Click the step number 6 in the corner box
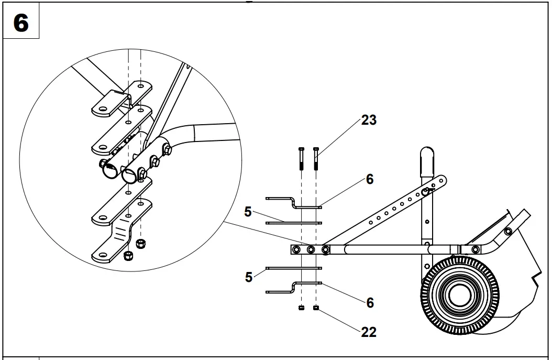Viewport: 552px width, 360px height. (x=21, y=24)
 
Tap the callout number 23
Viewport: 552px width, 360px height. (x=369, y=120)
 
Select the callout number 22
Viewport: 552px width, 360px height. (x=369, y=332)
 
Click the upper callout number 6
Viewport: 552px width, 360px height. (x=370, y=179)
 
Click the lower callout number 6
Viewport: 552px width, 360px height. (x=370, y=302)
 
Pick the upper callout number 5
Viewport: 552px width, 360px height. (x=248, y=212)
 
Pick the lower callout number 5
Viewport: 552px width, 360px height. (x=248, y=276)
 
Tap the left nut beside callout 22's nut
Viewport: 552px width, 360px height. (x=302, y=308)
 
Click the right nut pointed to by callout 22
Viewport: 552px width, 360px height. (x=316, y=308)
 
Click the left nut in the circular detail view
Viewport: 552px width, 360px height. (x=127, y=256)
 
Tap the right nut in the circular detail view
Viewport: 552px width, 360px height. (x=140, y=244)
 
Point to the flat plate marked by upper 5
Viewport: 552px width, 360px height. (x=293, y=223)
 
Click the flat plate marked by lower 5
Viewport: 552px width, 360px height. (x=293, y=268)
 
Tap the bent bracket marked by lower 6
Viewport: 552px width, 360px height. (x=283, y=290)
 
